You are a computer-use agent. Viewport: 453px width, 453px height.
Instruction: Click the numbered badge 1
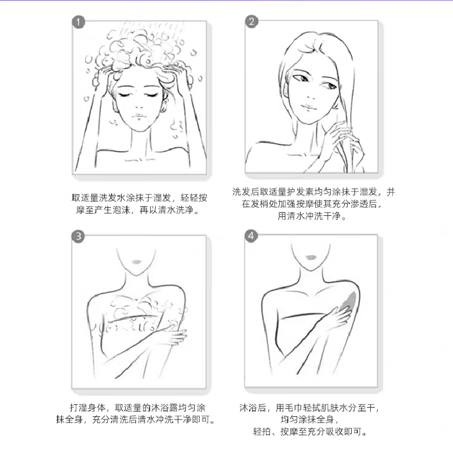point(78,22)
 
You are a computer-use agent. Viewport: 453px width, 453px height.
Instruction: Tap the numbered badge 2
point(251,22)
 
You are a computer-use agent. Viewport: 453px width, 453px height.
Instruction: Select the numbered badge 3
point(78,236)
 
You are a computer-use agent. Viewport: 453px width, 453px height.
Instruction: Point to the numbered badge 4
point(251,236)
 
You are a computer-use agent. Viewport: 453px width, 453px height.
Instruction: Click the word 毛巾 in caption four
point(294,408)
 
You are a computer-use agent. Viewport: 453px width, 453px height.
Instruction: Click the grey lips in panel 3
point(136,262)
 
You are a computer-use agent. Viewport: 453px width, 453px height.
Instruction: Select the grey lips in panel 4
point(310,258)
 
